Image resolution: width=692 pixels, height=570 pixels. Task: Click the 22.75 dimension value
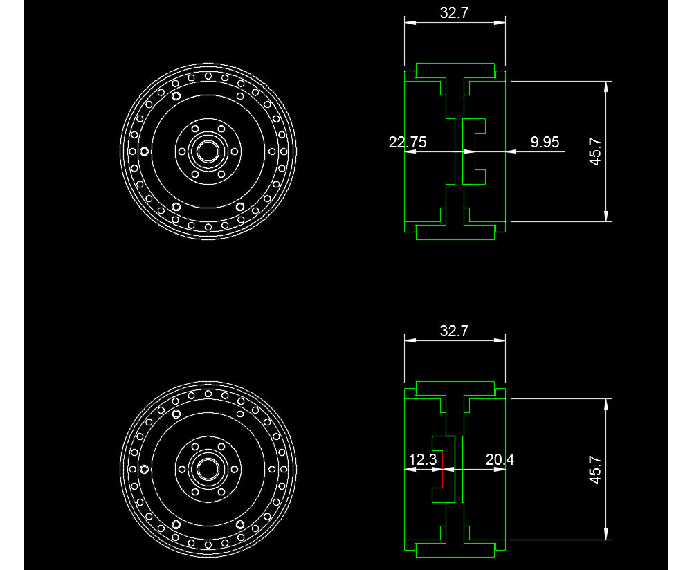point(408,142)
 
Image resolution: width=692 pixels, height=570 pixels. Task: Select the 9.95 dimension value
point(545,142)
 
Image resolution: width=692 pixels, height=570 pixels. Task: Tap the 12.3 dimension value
point(422,459)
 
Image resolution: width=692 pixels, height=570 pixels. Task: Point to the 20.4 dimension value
point(500,459)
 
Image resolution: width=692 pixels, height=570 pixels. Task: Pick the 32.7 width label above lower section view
point(454,331)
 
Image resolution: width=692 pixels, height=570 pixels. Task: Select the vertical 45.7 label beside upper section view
point(596,151)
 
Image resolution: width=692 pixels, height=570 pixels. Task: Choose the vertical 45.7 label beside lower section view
point(596,469)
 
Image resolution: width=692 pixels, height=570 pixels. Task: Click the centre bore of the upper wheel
point(207,151)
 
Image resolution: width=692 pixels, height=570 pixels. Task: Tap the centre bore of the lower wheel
point(207,468)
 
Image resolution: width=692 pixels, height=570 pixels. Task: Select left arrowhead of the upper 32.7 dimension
point(409,23)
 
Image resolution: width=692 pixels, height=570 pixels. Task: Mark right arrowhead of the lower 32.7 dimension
point(501,340)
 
